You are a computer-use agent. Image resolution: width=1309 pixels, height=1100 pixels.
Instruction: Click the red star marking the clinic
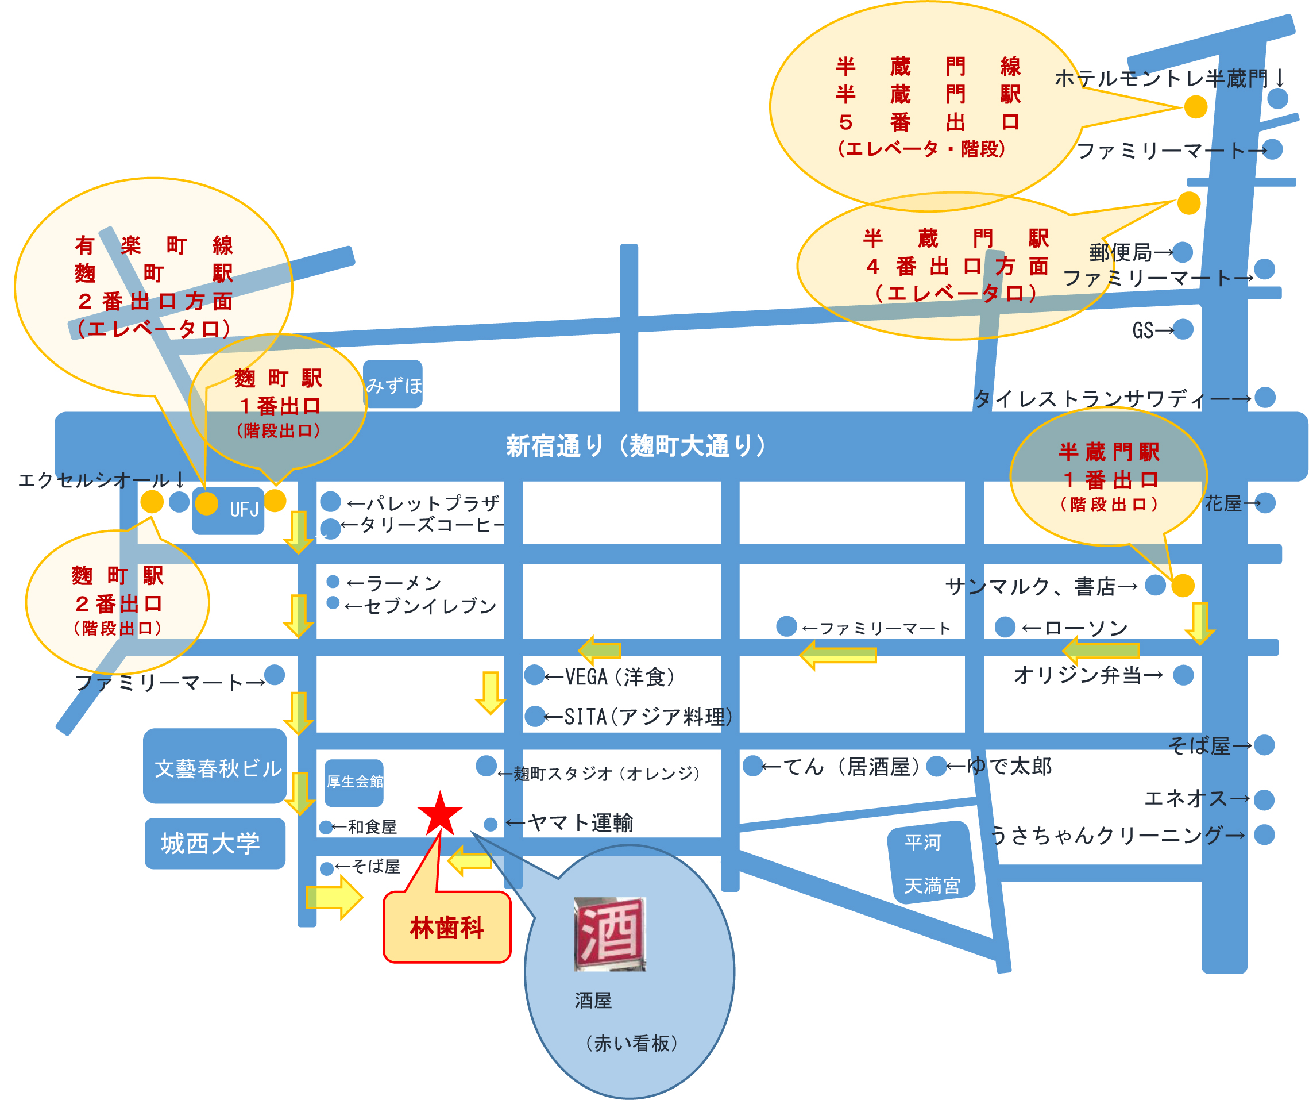coord(440,813)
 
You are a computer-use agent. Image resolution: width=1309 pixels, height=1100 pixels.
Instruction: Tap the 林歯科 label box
coord(447,927)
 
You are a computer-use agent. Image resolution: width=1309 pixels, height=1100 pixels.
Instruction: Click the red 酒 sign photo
coord(609,933)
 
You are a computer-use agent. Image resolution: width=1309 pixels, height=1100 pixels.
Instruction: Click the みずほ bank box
coord(393,384)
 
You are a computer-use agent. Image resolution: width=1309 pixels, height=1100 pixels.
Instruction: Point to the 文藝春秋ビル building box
coord(215,767)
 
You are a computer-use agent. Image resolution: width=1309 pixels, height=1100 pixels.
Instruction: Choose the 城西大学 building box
coord(215,843)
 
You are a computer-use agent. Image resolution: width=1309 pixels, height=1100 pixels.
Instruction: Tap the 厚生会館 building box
coord(354,782)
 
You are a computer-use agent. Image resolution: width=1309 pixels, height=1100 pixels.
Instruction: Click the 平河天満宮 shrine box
coord(931,863)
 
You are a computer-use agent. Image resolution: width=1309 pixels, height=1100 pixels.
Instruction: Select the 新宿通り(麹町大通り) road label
coord(636,446)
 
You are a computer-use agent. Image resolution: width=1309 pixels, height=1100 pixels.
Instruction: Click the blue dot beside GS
coord(1183,329)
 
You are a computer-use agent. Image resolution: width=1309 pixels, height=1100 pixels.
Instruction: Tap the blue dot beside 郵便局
coord(1183,252)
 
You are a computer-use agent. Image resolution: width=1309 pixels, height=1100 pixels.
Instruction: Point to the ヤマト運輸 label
coord(570,823)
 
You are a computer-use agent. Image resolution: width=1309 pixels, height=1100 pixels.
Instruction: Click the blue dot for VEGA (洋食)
coord(534,675)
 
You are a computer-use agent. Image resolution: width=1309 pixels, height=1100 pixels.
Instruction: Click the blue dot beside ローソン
coord(1005,626)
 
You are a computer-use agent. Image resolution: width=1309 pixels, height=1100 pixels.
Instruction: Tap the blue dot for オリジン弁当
coord(1183,675)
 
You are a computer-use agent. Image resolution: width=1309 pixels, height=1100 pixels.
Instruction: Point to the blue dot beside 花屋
coord(1265,503)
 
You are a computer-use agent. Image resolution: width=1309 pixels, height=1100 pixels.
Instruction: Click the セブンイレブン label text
coord(422,606)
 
